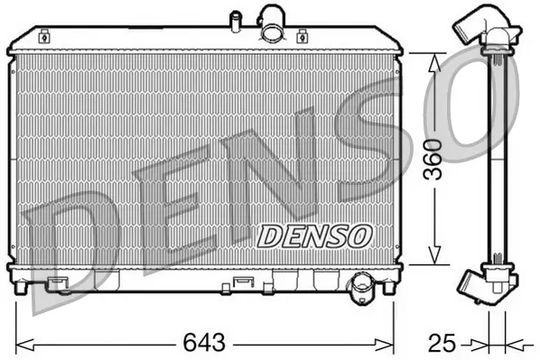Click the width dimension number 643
pos(204,344)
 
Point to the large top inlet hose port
pos(272,23)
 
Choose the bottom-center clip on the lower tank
pos(243,283)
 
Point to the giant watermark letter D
pos(68,244)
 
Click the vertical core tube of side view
pos(494,158)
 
